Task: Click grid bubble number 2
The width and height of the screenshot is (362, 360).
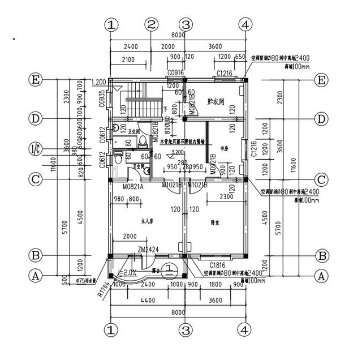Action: pyautogui.click(x=151, y=24)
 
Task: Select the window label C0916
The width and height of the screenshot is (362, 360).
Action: pyautogui.click(x=176, y=74)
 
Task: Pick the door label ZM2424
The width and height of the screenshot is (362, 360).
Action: pyautogui.click(x=146, y=249)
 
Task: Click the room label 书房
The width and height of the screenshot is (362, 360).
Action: pyautogui.click(x=225, y=148)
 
